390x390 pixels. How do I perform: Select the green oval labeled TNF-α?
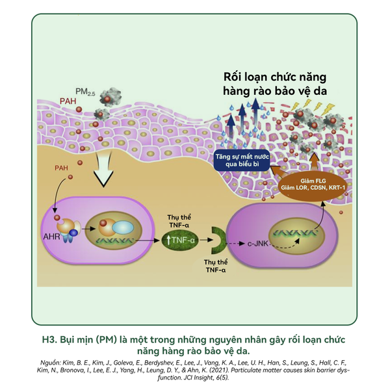(x=180, y=240)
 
